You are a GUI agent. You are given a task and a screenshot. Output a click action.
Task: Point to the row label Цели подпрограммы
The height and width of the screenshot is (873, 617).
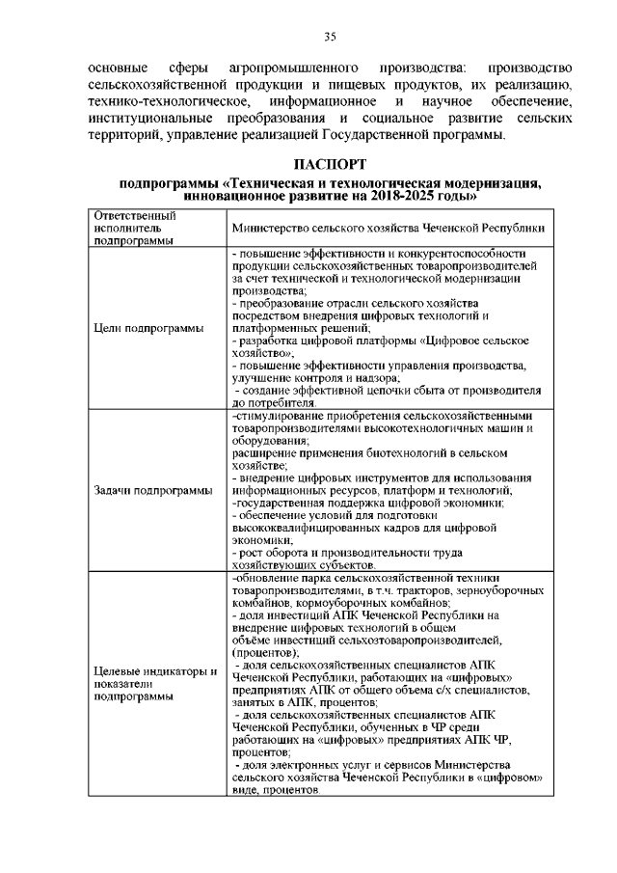click(x=148, y=328)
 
